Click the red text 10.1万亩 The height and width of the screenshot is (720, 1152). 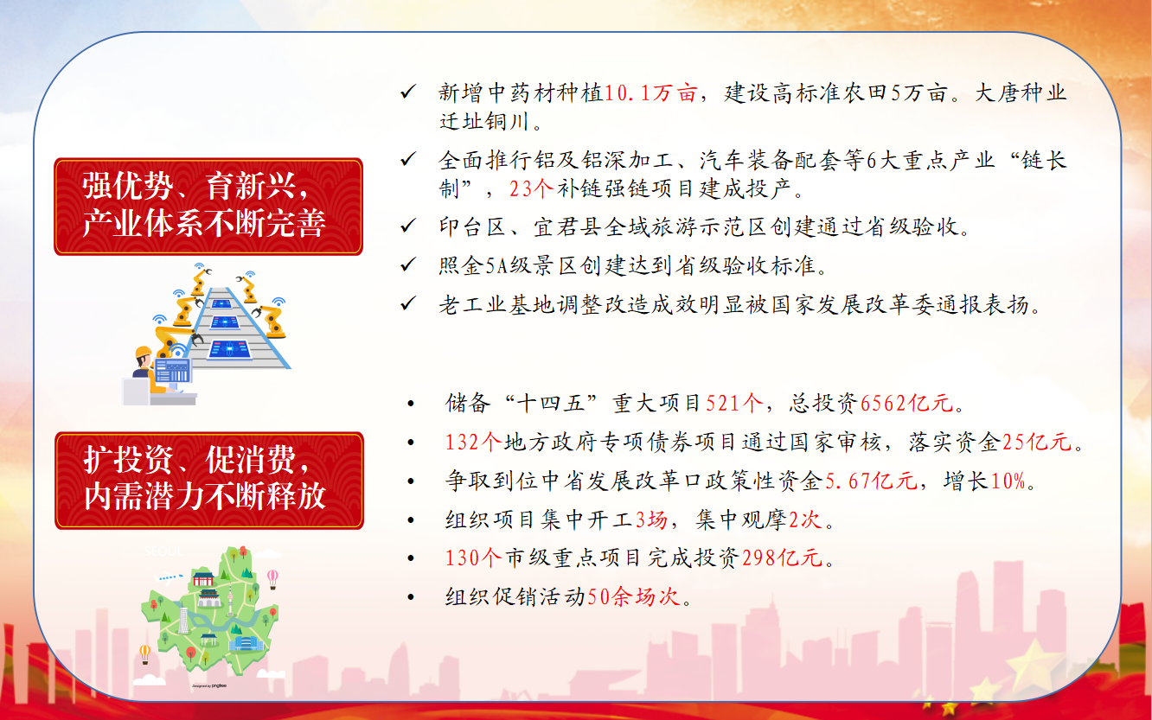tap(650, 93)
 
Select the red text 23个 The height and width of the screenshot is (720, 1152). tap(531, 188)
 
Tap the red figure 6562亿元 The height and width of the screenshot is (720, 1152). tap(906, 403)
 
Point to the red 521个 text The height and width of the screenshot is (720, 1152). tap(734, 403)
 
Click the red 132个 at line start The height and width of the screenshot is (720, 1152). tap(474, 442)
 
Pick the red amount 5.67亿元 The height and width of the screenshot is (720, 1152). tap(871, 481)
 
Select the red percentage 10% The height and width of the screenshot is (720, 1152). tap(1008, 481)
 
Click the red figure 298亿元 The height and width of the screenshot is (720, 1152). tap(782, 558)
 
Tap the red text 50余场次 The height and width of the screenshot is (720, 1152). tap(634, 596)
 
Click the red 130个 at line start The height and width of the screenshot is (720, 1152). tap(474, 558)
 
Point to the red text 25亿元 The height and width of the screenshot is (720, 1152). tap(1037, 442)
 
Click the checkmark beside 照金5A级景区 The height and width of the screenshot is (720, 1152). tap(408, 264)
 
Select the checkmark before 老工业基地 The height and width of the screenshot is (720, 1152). tap(408, 303)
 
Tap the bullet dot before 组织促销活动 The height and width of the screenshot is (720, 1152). tap(411, 597)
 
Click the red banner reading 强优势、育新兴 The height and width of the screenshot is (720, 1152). tap(208, 207)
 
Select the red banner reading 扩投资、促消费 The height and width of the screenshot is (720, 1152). tap(208, 481)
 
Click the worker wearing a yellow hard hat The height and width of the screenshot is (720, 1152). tap(145, 370)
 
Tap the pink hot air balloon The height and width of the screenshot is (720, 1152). tap(272, 578)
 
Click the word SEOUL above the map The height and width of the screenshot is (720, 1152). tap(163, 551)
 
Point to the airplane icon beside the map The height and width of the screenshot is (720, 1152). tap(169, 577)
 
